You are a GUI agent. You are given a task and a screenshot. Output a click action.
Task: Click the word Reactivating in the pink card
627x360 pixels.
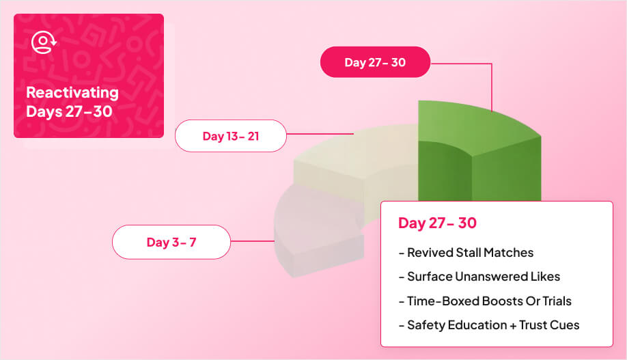coord(72,93)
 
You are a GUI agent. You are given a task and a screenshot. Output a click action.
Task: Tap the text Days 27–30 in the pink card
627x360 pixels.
coord(69,111)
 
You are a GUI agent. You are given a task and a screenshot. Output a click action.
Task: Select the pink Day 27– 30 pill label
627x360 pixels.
coord(375,62)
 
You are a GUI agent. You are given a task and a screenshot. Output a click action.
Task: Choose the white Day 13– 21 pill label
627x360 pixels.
coord(230,136)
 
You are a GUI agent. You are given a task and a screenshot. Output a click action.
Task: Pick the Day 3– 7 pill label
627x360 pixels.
coord(171,242)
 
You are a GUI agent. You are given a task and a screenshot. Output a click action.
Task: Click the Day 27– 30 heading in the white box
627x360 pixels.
coord(437,223)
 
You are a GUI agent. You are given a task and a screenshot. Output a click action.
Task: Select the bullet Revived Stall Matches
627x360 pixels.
coord(466,253)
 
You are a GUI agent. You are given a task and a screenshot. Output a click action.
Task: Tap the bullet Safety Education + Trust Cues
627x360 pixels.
coord(488,325)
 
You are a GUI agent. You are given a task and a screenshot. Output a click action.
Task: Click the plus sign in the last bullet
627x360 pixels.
coord(512,325)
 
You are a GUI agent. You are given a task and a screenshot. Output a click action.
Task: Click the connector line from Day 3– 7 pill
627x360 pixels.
coord(252,241)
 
